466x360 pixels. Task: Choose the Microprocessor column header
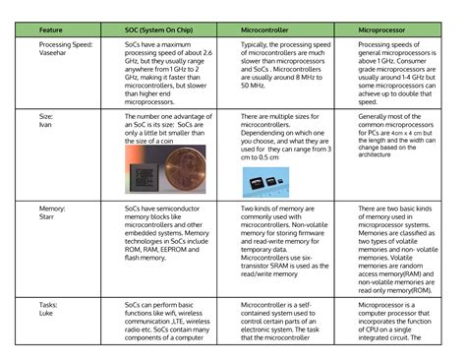click(x=385, y=30)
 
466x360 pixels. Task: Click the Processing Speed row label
click(x=68, y=44)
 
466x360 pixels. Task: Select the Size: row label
click(x=46, y=115)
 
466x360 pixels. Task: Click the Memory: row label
click(x=52, y=210)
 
